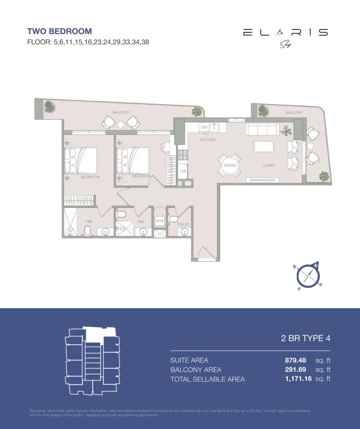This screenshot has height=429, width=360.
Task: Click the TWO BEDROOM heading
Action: point(59,31)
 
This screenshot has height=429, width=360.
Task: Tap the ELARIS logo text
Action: point(285,33)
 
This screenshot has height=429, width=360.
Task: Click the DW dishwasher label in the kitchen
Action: point(204,128)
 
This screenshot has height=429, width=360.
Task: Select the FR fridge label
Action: point(183,172)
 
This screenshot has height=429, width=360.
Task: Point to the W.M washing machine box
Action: point(159,221)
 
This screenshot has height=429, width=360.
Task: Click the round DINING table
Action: point(230,166)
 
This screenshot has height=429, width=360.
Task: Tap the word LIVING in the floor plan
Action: point(269,166)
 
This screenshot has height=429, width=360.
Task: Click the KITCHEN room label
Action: point(207,140)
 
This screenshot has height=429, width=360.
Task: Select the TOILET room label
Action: point(182,225)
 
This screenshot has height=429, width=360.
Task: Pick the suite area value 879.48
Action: point(295,360)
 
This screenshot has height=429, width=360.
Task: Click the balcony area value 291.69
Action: point(295,370)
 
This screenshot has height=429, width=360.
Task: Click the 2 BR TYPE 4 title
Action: point(305,338)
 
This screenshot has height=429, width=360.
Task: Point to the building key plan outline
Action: point(92,361)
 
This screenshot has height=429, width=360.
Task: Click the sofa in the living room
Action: point(262,129)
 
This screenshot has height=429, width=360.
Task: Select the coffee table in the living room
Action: point(264,147)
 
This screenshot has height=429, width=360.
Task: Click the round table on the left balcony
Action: point(121,124)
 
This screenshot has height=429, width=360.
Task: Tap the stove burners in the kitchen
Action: point(183,155)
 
